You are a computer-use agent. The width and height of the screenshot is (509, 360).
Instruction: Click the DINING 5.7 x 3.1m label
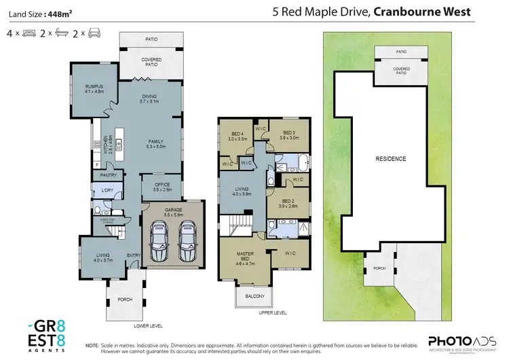[149, 98]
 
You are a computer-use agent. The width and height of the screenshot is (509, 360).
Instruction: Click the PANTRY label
[109, 175]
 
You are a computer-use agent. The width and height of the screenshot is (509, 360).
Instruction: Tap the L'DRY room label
[107, 191]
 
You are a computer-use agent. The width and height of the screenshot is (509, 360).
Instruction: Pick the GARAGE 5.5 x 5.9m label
[174, 212]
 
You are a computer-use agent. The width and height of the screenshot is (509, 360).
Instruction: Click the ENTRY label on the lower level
[133, 255]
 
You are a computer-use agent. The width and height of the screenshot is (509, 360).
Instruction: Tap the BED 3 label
[289, 134]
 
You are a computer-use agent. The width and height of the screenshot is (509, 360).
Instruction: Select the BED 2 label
[289, 202]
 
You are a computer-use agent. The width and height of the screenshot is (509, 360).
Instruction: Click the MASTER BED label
[244, 256]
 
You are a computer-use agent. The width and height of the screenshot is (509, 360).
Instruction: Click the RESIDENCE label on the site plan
[390, 159]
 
